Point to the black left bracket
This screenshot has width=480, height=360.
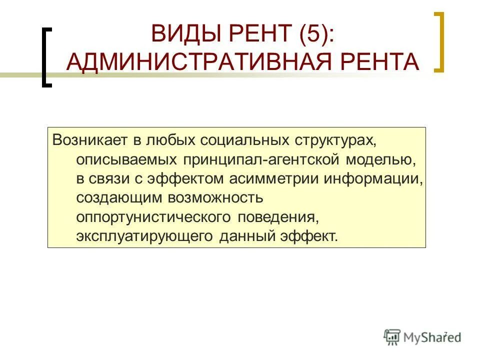(x=45, y=57)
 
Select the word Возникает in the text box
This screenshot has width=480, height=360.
(x=87, y=140)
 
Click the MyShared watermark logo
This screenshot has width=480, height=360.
(x=422, y=336)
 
